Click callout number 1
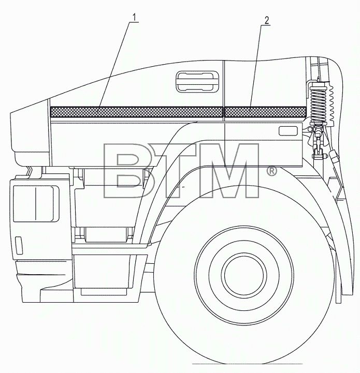(134, 17)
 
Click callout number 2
(266, 20)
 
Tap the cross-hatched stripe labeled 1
(137, 112)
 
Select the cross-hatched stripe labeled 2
(265, 112)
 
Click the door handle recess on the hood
(197, 81)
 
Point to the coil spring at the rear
(318, 104)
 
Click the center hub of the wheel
(244, 275)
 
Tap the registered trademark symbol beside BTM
(271, 171)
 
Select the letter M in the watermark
(229, 171)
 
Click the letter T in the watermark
(176, 171)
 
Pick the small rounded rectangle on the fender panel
(288, 131)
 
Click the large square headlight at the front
(36, 204)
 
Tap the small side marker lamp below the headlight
(18, 245)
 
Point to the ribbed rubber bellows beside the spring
(330, 103)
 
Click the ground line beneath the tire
(247, 370)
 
